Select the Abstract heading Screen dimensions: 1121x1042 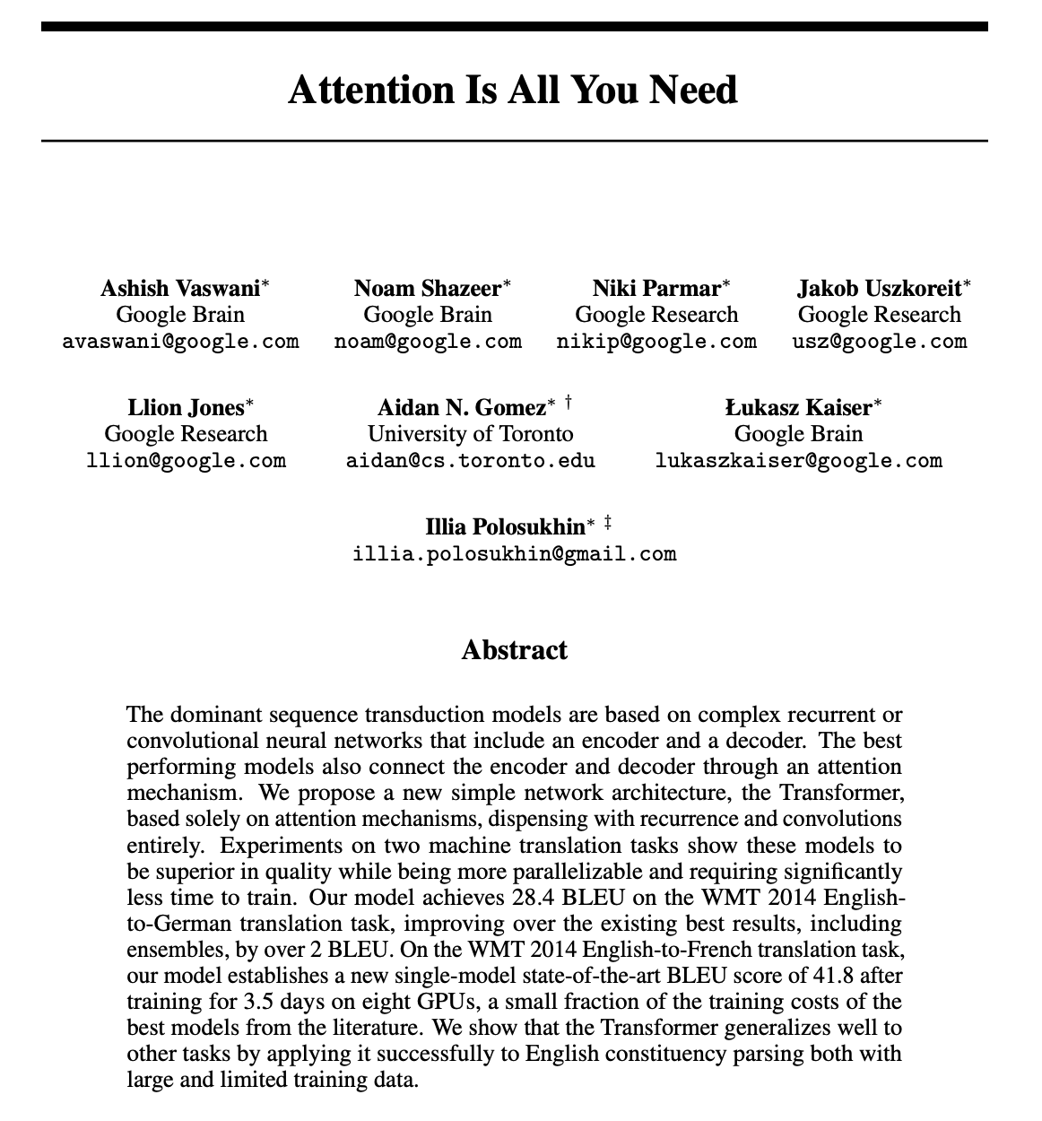[514, 649]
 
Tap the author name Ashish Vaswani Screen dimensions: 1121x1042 [180, 288]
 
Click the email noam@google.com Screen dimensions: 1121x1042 [428, 341]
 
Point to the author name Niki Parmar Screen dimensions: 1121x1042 [656, 288]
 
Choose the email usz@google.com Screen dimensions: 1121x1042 [880, 341]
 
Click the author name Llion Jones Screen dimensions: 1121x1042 [186, 408]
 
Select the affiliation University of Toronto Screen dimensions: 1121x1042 [470, 434]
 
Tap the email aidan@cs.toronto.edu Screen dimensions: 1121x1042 [470, 461]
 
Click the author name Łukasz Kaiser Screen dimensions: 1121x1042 [798, 408]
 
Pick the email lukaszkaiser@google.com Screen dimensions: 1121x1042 [798, 461]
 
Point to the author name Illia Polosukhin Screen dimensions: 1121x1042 [505, 527]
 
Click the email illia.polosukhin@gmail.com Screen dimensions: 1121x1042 [515, 553]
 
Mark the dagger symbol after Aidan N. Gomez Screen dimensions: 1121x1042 [569, 403]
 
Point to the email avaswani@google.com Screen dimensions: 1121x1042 [180, 341]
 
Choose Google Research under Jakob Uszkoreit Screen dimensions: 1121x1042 [880, 315]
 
